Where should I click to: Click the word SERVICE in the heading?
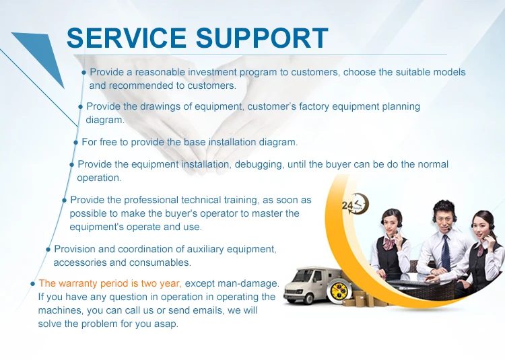tap(127, 38)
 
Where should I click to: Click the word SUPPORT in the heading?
tap(262, 38)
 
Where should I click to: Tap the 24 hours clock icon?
tap(355, 204)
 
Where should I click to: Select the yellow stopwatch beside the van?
tap(337, 291)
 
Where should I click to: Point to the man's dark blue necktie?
tap(446, 252)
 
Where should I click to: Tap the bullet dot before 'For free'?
tap(75, 143)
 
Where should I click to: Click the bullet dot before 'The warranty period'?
tap(32, 284)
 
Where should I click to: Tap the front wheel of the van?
tap(308, 299)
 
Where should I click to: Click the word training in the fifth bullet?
tap(242, 200)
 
